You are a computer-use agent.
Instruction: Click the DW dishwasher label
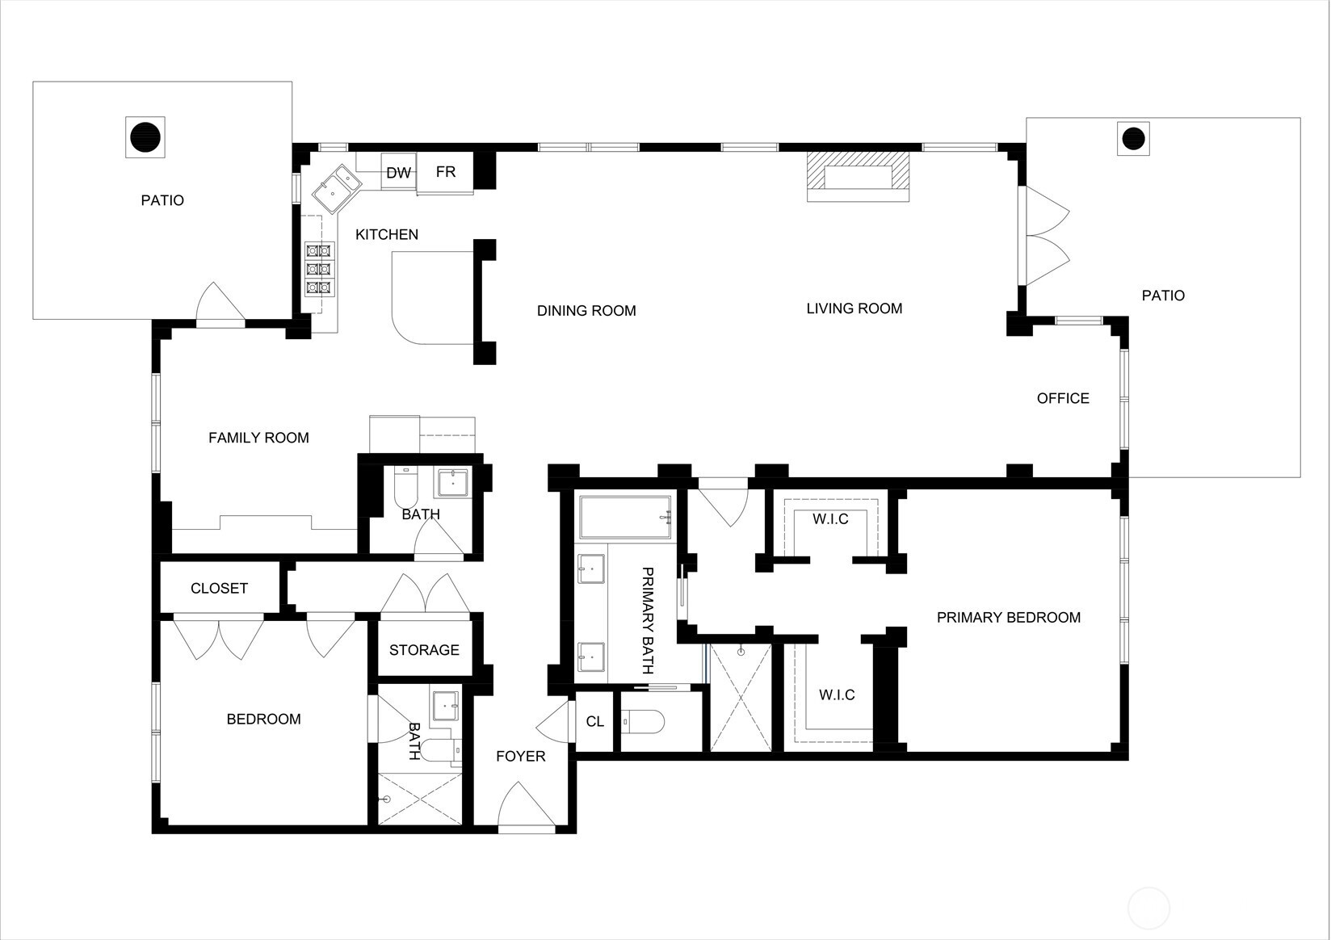point(399,173)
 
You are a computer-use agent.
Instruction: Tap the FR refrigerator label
point(446,172)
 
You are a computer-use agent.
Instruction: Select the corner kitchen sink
point(337,188)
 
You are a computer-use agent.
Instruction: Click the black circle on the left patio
point(145,137)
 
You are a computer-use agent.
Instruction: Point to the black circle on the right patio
point(1133,138)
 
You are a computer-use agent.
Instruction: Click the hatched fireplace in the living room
point(858,177)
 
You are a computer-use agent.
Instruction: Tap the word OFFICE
point(1063,398)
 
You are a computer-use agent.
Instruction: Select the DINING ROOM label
point(586,311)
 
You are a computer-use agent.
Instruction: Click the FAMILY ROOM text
point(258,438)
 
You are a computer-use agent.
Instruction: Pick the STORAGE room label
point(424,650)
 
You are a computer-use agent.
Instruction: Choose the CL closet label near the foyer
point(594,721)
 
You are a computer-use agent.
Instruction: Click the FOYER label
point(520,757)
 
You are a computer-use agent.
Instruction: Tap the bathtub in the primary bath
point(626,517)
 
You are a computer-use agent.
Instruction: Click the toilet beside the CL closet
point(642,722)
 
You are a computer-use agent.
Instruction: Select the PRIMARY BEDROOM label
point(1009,617)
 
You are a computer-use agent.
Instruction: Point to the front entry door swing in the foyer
point(526,804)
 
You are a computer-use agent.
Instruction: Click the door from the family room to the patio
point(220,303)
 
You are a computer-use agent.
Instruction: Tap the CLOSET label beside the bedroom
point(219,588)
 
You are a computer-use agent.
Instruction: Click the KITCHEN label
point(387,235)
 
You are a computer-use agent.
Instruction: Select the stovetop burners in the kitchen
point(320,269)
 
